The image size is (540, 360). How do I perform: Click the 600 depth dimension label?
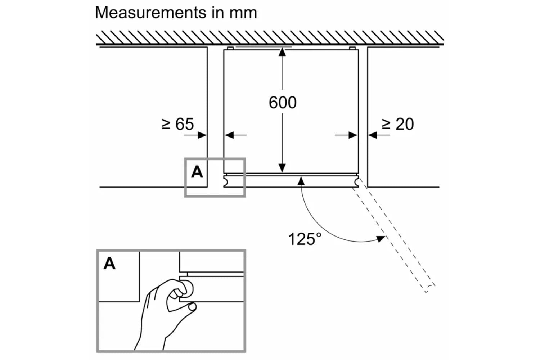tap(283, 103)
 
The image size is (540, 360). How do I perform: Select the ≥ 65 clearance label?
tap(178, 124)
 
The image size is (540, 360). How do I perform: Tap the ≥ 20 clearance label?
tap(397, 124)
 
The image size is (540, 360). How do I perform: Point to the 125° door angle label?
tap(305, 239)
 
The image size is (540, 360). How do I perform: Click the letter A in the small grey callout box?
tap(197, 172)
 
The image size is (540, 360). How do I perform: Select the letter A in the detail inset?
tap(109, 264)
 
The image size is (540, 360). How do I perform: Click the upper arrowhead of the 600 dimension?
tap(282, 51)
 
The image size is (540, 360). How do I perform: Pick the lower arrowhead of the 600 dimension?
tap(282, 168)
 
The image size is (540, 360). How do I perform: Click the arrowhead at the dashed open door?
tap(381, 238)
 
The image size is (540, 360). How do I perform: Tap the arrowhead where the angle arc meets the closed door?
tap(301, 180)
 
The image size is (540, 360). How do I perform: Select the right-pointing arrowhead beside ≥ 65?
tap(202, 135)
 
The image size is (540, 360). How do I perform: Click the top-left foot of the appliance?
tap(230, 48)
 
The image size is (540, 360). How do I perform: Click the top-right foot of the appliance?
tap(352, 48)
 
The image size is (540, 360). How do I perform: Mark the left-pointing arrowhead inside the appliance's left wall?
tap(229, 135)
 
